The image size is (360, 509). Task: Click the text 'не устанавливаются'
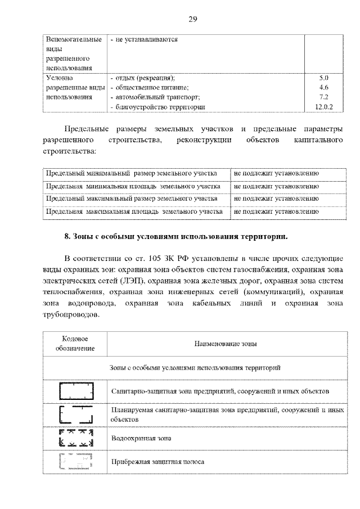pyautogui.click(x=145, y=40)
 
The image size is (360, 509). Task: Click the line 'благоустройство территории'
pyautogui.click(x=158, y=106)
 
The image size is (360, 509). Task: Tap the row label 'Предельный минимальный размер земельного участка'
pyautogui.click(x=131, y=173)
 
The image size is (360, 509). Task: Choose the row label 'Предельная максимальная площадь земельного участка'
pyautogui.click(x=133, y=212)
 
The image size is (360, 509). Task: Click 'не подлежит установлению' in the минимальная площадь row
pyautogui.click(x=276, y=186)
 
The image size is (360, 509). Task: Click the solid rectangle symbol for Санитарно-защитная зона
pyautogui.click(x=75, y=390)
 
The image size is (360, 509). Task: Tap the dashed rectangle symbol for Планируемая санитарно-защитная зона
pyautogui.click(x=75, y=415)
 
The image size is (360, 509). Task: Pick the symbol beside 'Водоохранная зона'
pyautogui.click(x=75, y=438)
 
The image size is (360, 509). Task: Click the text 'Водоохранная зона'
pyautogui.click(x=141, y=438)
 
